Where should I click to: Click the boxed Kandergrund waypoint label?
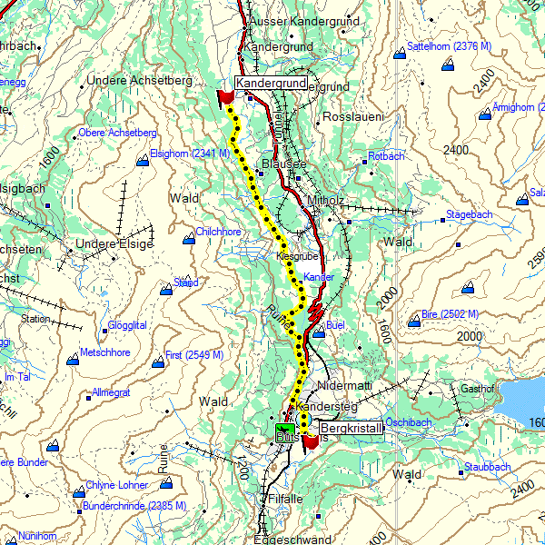tap(270, 84)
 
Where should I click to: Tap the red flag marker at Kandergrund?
tap(226, 96)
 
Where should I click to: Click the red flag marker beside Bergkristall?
tap(311, 441)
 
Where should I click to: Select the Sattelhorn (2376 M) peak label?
tap(449, 45)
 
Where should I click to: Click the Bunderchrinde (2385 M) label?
tap(134, 505)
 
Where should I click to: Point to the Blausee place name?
tap(284, 163)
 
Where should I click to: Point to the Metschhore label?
tap(105, 352)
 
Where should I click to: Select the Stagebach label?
tap(469, 215)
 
